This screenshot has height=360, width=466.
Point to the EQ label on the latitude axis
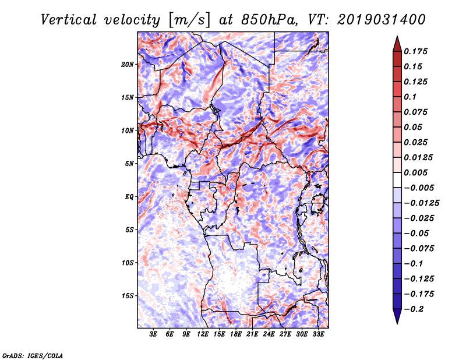pyautogui.click(x=129, y=196)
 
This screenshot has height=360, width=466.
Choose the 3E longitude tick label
pyautogui.click(x=154, y=334)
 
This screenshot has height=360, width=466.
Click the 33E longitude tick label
pyautogui.click(x=318, y=334)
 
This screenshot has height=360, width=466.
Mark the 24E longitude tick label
pyautogui.click(x=269, y=334)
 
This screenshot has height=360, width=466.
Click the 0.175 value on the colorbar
pyautogui.click(x=416, y=51)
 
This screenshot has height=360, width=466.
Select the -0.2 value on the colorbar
pyautogui.click(x=415, y=309)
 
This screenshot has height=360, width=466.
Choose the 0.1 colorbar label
pyautogui.click(x=411, y=97)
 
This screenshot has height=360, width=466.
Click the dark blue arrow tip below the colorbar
pyautogui.click(x=397, y=318)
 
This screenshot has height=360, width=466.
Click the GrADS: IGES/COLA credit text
pyautogui.click(x=33, y=355)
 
